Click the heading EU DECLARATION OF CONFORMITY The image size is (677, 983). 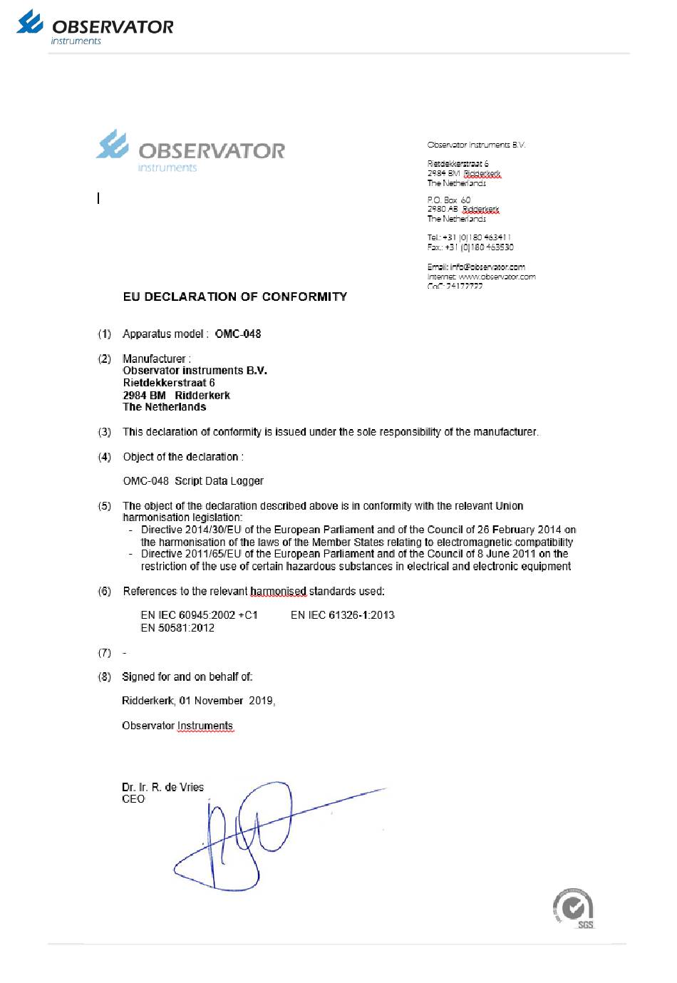click(234, 297)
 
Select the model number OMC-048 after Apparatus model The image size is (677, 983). click(238, 334)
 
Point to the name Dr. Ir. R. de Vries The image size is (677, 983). click(162, 787)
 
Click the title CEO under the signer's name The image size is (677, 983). click(133, 799)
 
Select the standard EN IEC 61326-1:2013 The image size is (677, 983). click(343, 614)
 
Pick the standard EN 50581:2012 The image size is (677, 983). click(177, 628)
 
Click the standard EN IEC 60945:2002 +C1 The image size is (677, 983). click(199, 614)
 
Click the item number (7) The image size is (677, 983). click(104, 653)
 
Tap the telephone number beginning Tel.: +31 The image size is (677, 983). click(470, 237)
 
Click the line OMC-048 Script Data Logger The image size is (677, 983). click(193, 481)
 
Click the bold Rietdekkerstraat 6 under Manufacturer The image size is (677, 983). click(169, 383)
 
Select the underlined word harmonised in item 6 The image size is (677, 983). click(278, 591)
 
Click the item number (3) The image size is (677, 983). click(104, 432)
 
